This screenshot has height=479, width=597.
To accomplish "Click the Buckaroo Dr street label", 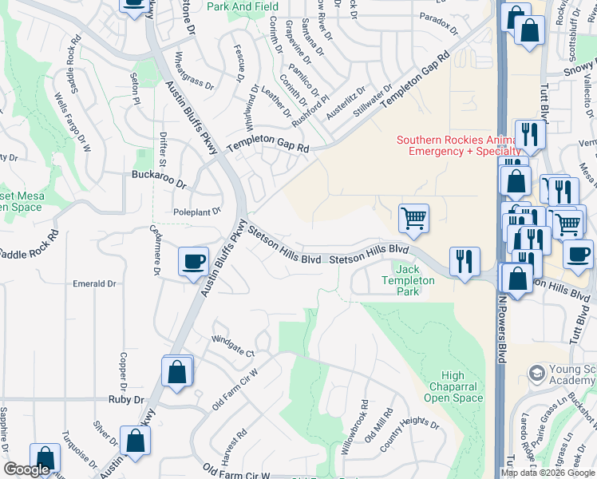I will (x=159, y=183).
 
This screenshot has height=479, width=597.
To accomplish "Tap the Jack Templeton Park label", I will (x=408, y=280).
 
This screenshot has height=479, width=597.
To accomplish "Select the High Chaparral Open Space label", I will (x=453, y=387).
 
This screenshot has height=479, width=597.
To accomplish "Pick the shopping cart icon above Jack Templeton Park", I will (x=413, y=218).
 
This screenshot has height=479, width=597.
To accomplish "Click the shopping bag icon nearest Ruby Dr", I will (x=176, y=372).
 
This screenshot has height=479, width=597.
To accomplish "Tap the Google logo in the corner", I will (x=27, y=469).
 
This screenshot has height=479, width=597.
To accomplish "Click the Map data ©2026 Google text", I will (x=548, y=473).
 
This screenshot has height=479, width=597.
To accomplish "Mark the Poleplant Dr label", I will (x=196, y=212).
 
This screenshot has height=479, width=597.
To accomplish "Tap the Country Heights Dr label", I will (x=409, y=434).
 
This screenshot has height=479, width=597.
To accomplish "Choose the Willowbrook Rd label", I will (x=355, y=428).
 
